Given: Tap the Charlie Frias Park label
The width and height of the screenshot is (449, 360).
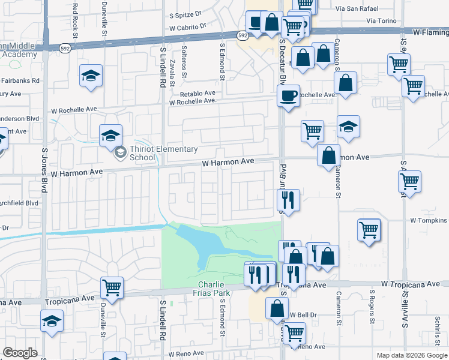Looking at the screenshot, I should [x=213, y=289].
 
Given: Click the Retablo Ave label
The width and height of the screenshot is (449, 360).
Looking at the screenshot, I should [x=197, y=94].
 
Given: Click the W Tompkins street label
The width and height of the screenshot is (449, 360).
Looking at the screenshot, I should [x=429, y=220].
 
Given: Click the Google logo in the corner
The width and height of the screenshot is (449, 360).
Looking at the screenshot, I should [x=20, y=353].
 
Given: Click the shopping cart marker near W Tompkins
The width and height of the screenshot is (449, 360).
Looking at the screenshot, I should [x=369, y=229].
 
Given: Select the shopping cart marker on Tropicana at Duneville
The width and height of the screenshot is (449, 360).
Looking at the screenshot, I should [x=112, y=287].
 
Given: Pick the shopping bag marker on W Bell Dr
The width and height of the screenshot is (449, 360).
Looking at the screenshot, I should [x=277, y=308].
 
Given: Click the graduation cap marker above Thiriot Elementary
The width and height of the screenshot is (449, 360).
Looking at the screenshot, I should [x=111, y=135].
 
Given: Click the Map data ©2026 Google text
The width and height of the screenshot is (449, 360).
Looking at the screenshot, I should [x=412, y=355].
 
